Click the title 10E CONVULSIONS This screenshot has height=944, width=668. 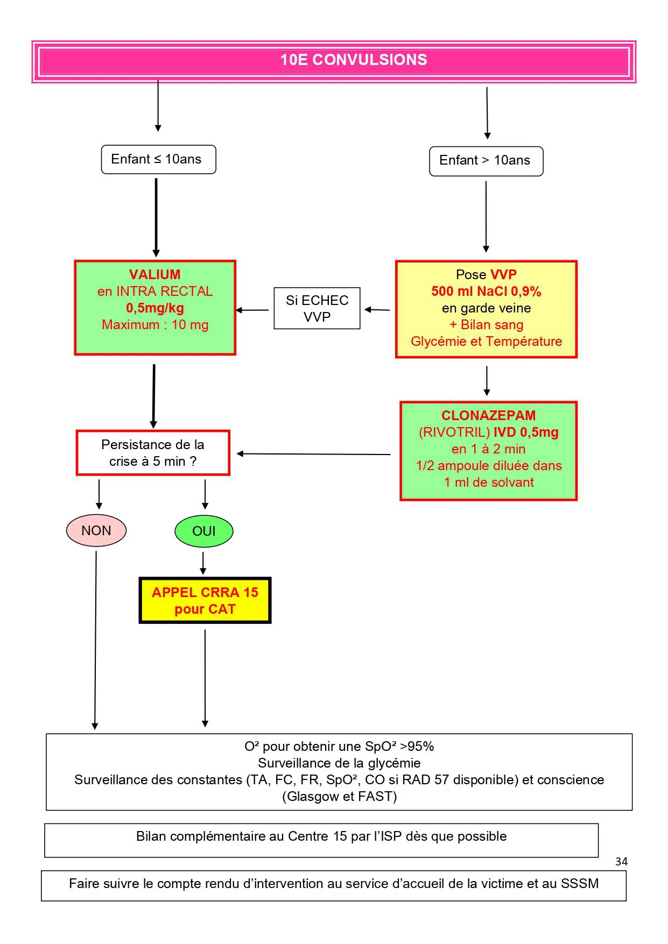(354, 60)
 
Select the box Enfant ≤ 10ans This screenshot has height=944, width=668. (158, 159)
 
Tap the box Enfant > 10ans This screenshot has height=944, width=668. (486, 161)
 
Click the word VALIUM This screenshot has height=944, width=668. (155, 274)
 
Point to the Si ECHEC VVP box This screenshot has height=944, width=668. (317, 308)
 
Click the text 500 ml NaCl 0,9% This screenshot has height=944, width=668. (486, 292)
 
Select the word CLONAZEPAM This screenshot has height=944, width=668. (489, 415)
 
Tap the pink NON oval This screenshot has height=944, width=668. (96, 530)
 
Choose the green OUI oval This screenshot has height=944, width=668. (204, 531)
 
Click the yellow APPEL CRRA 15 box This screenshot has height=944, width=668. (205, 600)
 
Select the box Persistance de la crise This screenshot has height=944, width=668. (153, 453)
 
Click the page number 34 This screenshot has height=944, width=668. (621, 861)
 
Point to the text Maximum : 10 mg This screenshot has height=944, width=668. (155, 325)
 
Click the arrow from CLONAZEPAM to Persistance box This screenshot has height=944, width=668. (314, 454)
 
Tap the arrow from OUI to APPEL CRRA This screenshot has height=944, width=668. (203, 563)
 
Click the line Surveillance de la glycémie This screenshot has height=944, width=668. (339, 763)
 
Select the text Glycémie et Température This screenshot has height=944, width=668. (486, 342)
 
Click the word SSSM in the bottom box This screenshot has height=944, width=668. (580, 883)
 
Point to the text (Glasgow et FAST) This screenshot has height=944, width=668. (339, 796)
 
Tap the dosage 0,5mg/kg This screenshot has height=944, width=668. (155, 308)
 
